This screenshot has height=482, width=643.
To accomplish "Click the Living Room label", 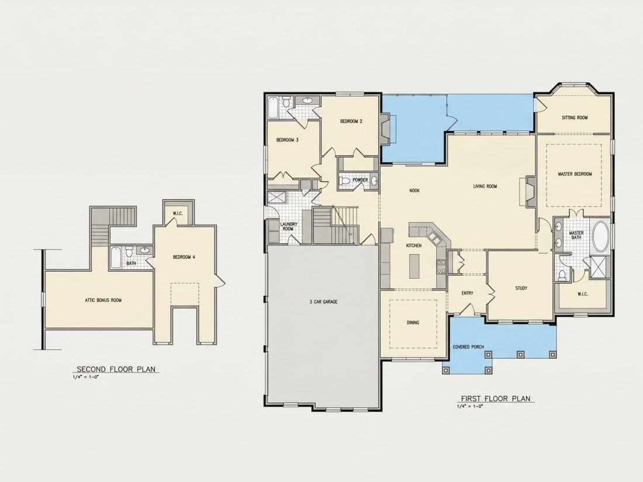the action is click(485, 186).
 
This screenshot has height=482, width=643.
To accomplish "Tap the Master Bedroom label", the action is click(575, 174).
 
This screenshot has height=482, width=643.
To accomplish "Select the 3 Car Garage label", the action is click(324, 302).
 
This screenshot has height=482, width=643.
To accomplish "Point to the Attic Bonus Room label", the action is click(103, 300).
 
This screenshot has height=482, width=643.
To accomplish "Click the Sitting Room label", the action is click(575, 117).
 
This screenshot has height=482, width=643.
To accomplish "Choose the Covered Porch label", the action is click(468, 347).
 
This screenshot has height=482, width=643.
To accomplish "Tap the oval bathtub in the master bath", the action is click(601, 237).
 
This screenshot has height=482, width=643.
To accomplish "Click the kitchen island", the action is click(414, 266).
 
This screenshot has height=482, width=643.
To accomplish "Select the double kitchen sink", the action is click(434, 238).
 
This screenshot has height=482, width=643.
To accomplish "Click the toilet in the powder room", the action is click(345, 181).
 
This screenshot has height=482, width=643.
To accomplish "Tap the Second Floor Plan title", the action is click(116, 369).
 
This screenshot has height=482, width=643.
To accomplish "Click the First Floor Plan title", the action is click(495, 398).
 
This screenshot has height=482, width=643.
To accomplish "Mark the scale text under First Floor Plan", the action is click(470, 407).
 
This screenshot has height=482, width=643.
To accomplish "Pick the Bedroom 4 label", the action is click(184, 258).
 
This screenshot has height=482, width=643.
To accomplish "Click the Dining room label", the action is click(413, 323).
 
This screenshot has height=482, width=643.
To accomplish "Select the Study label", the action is click(521, 288).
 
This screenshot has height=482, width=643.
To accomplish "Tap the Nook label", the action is click(414, 190).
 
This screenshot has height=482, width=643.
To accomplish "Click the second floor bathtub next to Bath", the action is click(116, 258).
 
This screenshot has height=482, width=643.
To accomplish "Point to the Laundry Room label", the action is click(289, 227).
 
